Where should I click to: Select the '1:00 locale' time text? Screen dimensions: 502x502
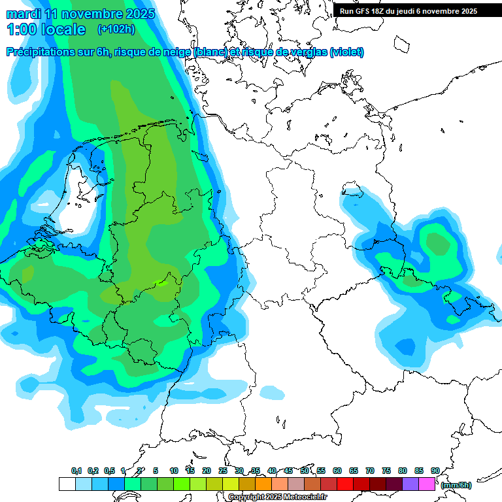46,29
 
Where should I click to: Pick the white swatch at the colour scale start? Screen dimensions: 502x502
67,484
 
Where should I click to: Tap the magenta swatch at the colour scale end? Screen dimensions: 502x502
427,484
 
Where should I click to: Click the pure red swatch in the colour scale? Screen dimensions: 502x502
345,484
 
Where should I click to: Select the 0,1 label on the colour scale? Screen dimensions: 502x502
76,471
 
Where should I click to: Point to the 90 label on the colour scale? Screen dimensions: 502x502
435,471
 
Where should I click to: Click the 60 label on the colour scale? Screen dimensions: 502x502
337,471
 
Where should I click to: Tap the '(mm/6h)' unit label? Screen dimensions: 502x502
456,485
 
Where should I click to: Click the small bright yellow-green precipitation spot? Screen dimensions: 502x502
160,282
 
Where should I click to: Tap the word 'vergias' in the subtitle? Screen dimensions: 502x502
308,52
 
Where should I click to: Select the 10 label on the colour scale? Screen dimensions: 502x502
174,471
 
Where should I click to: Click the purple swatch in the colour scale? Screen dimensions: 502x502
410,484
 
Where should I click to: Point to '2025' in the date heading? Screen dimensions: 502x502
139,14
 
